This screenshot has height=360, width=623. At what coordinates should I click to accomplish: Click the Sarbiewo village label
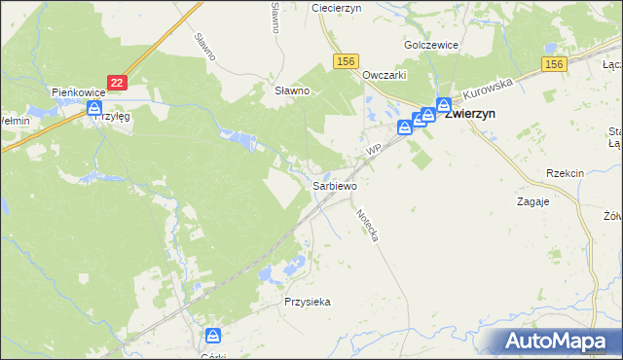(x=334, y=185)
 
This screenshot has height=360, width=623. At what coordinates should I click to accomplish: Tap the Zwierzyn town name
(x=470, y=113)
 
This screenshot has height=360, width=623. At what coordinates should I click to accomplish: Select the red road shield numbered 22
(x=118, y=85)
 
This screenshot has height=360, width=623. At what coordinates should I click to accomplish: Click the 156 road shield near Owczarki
(x=345, y=61)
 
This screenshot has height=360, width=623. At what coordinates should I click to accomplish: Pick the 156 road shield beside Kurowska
(x=554, y=64)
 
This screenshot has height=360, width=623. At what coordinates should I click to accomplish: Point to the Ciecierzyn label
(x=336, y=7)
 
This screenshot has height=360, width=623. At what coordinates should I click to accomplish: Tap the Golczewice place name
(x=431, y=45)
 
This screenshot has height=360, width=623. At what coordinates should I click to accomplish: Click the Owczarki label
(x=384, y=75)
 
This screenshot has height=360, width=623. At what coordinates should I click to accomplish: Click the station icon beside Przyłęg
(x=94, y=107)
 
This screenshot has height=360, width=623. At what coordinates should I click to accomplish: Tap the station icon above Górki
(x=213, y=337)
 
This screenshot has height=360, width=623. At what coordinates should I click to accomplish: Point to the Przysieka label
(x=308, y=302)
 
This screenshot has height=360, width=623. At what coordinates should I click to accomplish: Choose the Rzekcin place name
(x=565, y=173)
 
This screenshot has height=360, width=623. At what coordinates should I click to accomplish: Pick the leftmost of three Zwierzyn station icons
(x=405, y=126)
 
